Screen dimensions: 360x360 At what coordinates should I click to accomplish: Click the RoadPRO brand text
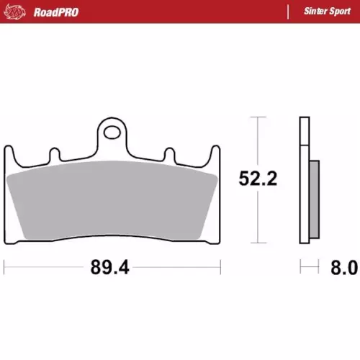[x=56, y=12]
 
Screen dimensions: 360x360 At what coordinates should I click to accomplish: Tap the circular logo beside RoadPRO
[x=15, y=12]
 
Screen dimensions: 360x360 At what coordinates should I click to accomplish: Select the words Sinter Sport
[x=327, y=12]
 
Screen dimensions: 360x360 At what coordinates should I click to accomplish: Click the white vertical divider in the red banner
[x=288, y=12]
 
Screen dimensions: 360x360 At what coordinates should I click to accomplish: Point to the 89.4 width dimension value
[x=110, y=267]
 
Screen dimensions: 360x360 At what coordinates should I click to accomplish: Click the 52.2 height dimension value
[x=258, y=179]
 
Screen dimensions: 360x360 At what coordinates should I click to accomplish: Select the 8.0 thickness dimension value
[x=344, y=267]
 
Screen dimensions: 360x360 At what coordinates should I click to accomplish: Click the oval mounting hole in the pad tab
[x=112, y=132]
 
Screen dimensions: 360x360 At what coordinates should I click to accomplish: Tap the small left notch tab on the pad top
[x=55, y=154]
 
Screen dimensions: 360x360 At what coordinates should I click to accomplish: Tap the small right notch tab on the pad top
[x=170, y=155]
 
